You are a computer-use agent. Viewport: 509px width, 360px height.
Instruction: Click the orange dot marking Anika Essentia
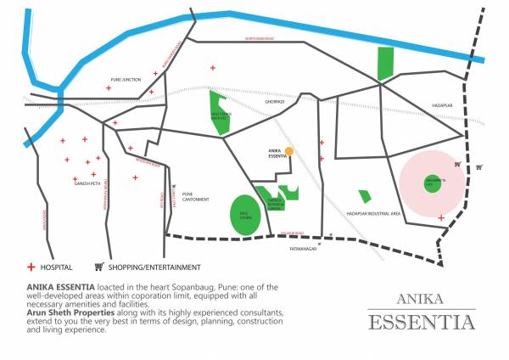(289, 151)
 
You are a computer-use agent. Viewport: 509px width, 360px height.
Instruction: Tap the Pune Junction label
(126, 80)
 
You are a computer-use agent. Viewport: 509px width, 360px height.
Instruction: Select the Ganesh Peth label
(87, 182)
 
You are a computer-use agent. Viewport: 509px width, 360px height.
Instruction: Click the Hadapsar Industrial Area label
(373, 214)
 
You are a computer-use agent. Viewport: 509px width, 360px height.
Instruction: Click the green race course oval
(246, 213)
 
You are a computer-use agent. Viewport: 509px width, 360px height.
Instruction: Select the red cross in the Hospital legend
(32, 267)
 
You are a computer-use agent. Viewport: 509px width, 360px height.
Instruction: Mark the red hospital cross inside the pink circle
(441, 218)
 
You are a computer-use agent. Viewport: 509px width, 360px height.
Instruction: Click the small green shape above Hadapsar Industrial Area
(364, 196)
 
